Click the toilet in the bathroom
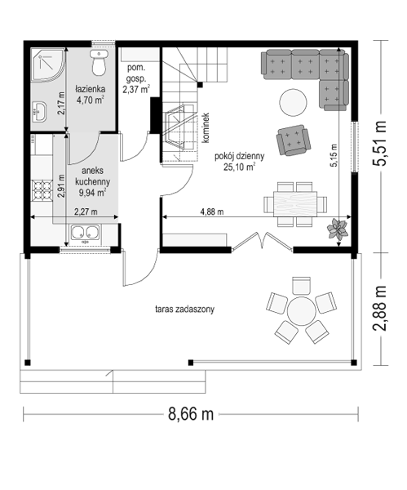point(99,63)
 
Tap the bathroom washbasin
point(39,111)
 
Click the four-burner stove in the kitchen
point(42,190)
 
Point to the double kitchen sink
point(85,233)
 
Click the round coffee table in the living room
point(293,103)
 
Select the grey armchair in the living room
point(294,140)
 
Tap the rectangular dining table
point(295,204)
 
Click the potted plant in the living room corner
point(337,229)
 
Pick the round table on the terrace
point(301,311)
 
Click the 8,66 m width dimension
point(191,414)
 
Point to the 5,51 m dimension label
point(381,143)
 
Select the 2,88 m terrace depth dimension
point(381,308)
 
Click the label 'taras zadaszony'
point(185,310)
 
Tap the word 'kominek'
point(206,128)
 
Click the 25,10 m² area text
point(240,167)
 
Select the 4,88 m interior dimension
point(212,212)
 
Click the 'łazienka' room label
point(91,89)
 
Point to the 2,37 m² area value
point(135,90)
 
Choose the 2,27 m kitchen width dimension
point(86,212)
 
